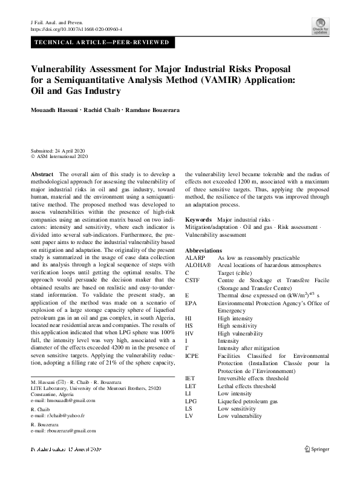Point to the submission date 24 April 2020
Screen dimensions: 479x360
point(59,150)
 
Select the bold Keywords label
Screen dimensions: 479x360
point(198,219)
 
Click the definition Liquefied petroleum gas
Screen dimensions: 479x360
point(248,401)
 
